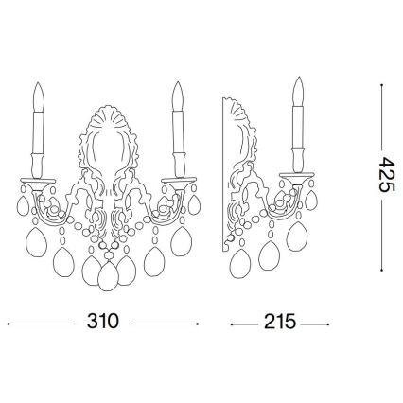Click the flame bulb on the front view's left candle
(x=39, y=96)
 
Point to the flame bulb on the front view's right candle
(x=178, y=96)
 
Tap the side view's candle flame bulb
(x=298, y=91)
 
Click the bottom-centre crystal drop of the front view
(x=109, y=274)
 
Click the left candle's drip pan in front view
(x=37, y=182)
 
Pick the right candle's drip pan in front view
(x=178, y=182)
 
